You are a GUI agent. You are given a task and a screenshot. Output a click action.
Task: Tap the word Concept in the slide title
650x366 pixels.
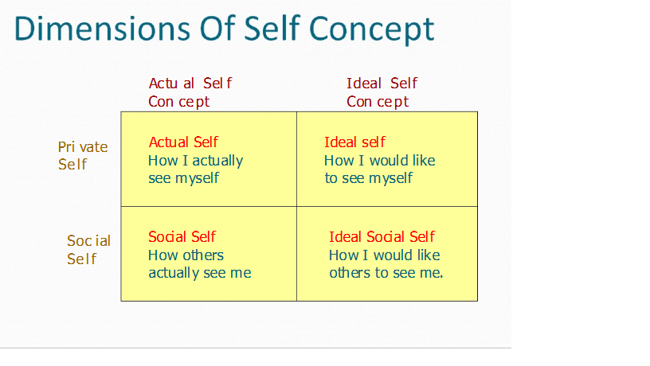(371, 30)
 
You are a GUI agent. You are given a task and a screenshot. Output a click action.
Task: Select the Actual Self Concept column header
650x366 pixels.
(190, 92)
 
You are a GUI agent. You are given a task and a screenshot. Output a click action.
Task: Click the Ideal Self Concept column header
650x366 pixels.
(381, 92)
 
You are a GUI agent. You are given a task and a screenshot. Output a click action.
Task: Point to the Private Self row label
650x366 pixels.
(82, 155)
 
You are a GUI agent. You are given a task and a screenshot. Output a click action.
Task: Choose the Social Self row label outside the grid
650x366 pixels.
(88, 249)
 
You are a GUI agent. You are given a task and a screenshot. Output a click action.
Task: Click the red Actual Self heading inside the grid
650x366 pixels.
(183, 142)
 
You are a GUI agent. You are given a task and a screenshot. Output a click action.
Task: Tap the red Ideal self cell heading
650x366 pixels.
(354, 142)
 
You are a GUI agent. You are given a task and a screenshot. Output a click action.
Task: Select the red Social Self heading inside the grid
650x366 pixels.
(182, 236)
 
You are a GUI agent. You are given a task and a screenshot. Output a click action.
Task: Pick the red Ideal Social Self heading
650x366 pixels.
(382, 236)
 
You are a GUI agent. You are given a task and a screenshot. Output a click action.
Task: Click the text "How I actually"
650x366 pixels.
(195, 160)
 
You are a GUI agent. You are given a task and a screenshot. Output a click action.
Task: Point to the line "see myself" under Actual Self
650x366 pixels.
(183, 177)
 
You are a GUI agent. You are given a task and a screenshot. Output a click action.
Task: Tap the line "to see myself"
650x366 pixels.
(368, 177)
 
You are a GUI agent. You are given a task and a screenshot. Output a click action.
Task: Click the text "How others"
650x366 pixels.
(186, 255)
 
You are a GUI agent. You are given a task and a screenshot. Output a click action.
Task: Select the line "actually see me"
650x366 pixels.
(199, 272)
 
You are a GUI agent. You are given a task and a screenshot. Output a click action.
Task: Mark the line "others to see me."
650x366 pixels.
(386, 272)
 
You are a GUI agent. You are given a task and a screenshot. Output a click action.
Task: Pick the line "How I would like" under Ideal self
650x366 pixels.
(379, 160)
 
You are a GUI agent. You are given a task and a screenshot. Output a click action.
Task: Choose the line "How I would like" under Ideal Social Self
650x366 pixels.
(384, 255)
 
